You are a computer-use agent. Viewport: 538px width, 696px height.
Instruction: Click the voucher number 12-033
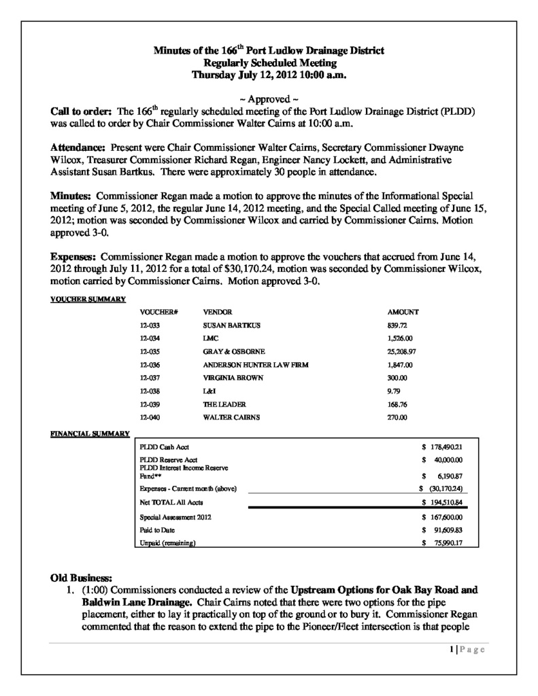click(148, 326)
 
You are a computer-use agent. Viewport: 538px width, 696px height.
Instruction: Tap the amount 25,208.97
click(401, 352)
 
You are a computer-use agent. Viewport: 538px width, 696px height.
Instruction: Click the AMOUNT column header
click(403, 312)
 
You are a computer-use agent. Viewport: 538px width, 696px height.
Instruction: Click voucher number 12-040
click(148, 417)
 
